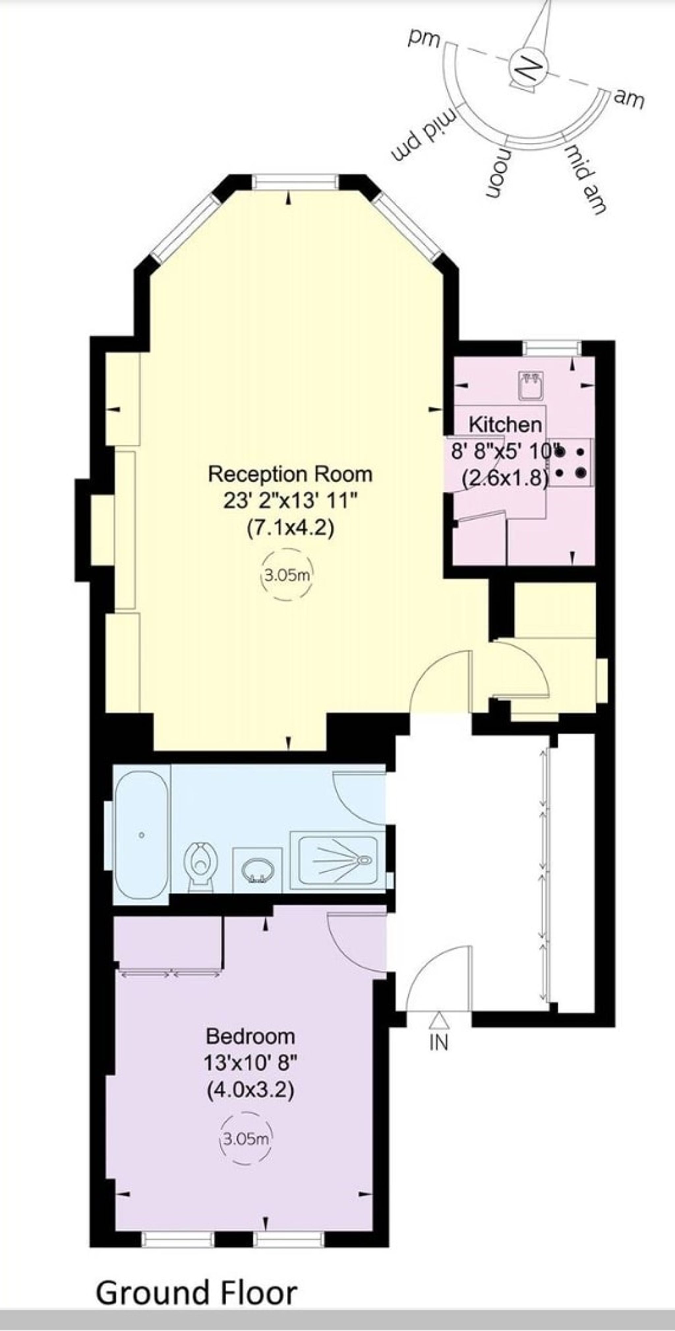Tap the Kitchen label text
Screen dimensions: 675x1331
click(505, 425)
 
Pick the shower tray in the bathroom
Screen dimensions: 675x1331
click(338, 860)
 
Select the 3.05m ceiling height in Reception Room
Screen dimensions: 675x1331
click(287, 575)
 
